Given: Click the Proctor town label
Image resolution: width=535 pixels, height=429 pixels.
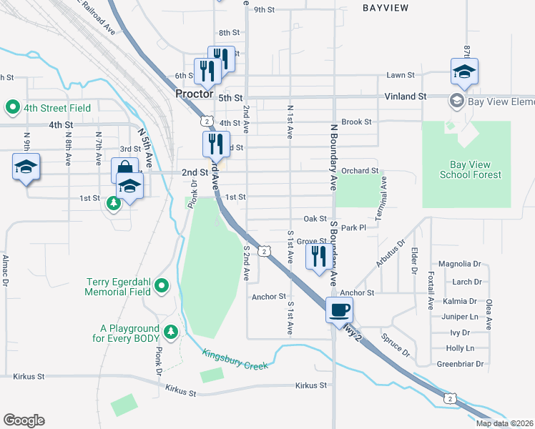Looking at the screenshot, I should coord(195,94).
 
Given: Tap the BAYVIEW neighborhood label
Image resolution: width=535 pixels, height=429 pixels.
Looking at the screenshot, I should coord(387,8).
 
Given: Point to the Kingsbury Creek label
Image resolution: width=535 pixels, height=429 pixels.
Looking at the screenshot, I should coord(235,360).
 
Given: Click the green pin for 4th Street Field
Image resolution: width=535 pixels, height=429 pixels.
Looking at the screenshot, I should coord(12,108).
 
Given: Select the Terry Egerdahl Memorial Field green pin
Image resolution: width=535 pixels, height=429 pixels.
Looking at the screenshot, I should coord(162,287).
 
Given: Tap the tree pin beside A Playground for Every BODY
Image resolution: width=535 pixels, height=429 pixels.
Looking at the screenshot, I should coord(171,332).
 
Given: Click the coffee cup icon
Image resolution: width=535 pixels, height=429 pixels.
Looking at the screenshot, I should coord(339,310).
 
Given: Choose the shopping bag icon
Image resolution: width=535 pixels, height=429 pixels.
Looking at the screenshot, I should coord(124,170).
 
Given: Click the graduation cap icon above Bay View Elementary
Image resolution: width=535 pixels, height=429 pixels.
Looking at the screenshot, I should coord(464,71).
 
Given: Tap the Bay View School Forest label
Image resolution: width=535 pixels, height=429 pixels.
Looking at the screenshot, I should coord(466,169).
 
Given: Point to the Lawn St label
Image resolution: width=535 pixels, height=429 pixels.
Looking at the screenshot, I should coord(401,75).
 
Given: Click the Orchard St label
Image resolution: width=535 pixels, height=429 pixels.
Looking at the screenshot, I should coord(360,171).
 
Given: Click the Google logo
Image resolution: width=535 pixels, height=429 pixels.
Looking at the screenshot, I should coord(24,420).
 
